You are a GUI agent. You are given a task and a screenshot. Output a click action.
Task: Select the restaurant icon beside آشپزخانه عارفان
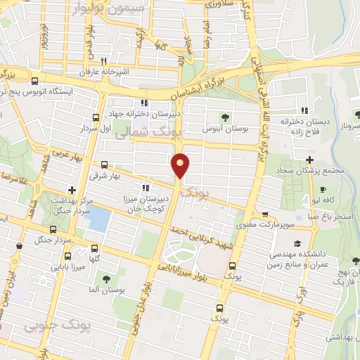103,61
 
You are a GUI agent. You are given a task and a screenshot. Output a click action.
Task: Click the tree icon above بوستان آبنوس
226,117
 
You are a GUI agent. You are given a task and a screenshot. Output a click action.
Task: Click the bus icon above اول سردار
96,117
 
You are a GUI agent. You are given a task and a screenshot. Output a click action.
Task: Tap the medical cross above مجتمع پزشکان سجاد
310,160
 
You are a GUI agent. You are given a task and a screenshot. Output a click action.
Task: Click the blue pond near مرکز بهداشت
99,220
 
